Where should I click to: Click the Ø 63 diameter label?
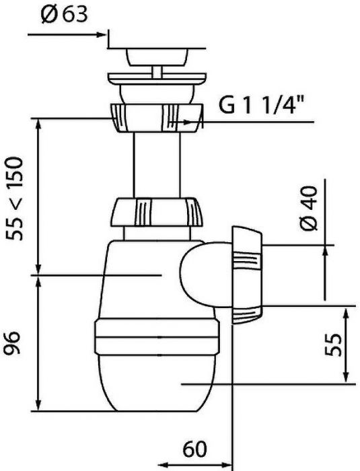65,14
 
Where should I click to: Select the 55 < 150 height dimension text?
15,198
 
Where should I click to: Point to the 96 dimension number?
13,343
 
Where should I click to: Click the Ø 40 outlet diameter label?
309,208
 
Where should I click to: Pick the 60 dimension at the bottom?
195,449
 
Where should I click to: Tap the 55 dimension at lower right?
333,345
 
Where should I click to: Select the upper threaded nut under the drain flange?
157,118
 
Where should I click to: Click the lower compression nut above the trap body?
157,212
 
